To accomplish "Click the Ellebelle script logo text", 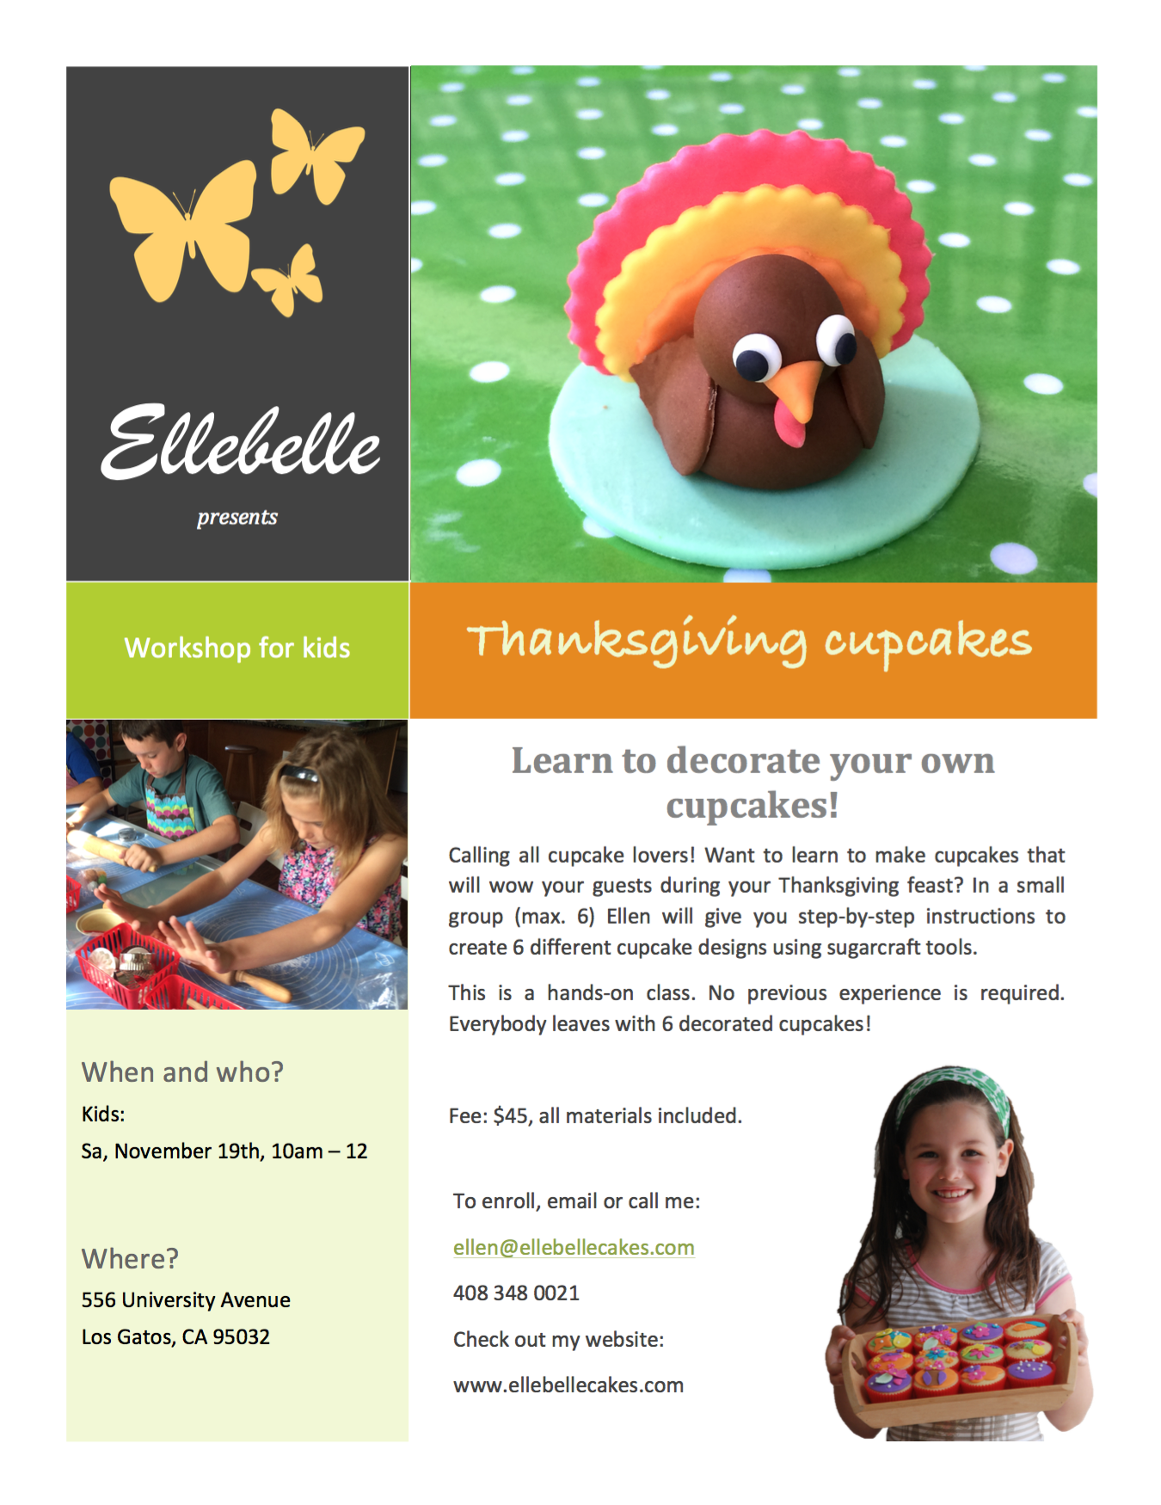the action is point(240,442).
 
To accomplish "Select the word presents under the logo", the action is point(237,517).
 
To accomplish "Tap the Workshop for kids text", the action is point(237,648).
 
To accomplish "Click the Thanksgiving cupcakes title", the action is point(749,641).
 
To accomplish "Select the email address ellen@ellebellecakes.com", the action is point(574,1247).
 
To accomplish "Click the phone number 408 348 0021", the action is point(516,1293).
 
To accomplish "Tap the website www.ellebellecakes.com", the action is point(568,1385).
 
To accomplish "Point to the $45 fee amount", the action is point(511,1115).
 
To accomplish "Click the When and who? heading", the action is point(182,1072).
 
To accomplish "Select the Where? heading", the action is point(130,1258).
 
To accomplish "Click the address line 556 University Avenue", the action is point(186,1299).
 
